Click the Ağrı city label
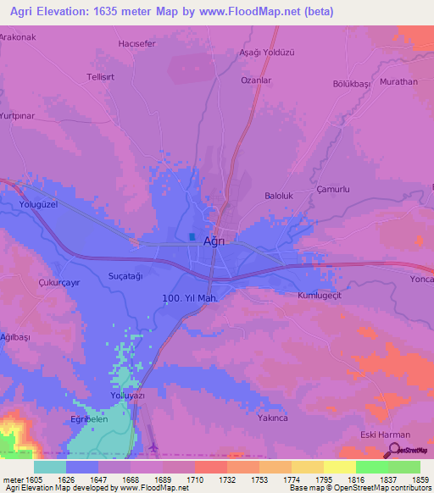pyautogui.click(x=214, y=241)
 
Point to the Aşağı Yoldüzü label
pyautogui.click(x=266, y=53)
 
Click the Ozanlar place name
pyautogui.click(x=256, y=80)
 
